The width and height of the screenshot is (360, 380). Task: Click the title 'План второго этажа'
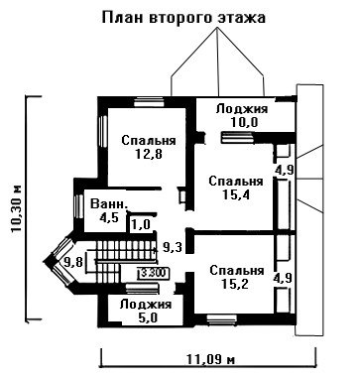[x=183, y=18]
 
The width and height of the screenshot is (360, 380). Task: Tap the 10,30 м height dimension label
[x=16, y=209]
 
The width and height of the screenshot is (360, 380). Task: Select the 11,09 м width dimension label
[x=210, y=358]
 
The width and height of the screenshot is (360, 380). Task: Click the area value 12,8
[x=149, y=154]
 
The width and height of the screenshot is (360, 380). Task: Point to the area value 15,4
[x=236, y=194]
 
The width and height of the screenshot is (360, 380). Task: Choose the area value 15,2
[x=236, y=284]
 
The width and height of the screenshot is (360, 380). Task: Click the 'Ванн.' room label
[x=109, y=204]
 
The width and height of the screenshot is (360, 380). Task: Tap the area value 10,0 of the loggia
[x=244, y=122]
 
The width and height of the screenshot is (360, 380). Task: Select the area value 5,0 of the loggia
[x=146, y=318]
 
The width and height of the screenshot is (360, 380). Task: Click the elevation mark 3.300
[x=154, y=273]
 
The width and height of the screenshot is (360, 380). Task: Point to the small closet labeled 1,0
[x=141, y=225]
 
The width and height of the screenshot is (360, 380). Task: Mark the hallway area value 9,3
[x=172, y=247]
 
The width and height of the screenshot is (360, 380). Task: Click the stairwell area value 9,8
[x=73, y=262]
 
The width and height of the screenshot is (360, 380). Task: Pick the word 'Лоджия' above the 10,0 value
[x=242, y=108]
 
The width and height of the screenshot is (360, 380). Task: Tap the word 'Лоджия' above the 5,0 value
[x=146, y=305]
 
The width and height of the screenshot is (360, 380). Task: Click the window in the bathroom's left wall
[x=79, y=206]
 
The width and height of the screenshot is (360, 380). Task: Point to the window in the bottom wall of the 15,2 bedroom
[x=221, y=319]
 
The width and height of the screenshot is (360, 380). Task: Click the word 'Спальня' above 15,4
[x=236, y=181]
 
